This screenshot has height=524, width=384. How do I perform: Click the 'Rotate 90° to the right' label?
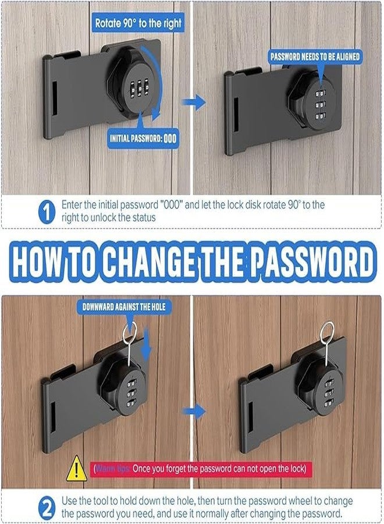pyautogui.click(x=138, y=24)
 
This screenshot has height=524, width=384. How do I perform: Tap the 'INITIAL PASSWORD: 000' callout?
pyautogui.click(x=143, y=139)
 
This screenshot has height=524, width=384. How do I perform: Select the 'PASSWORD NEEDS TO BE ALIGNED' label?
pyautogui.click(x=315, y=56)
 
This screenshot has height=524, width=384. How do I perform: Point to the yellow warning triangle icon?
pyautogui.click(x=76, y=469)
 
